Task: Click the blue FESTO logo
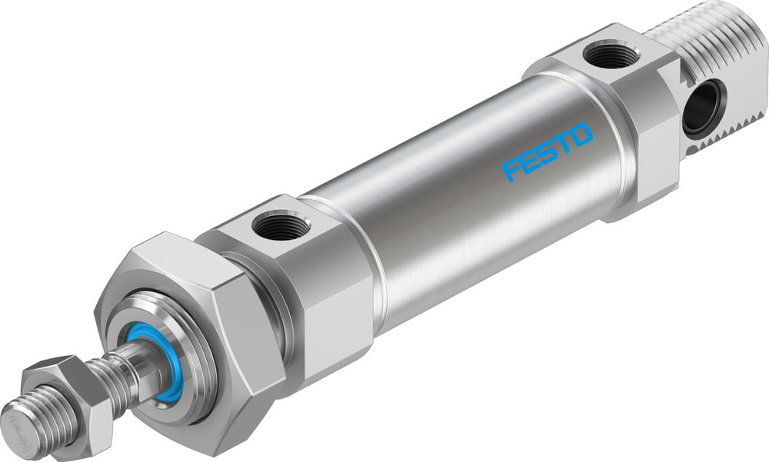click(x=548, y=151)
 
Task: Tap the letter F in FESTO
click(x=510, y=170)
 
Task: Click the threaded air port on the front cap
click(x=281, y=226)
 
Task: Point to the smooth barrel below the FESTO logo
click(x=500, y=231)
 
